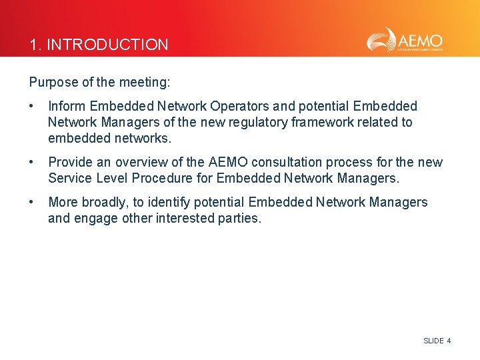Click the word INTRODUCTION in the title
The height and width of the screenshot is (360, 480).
(108, 45)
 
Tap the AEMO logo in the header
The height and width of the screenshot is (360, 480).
(405, 40)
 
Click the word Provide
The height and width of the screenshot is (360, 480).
(71, 162)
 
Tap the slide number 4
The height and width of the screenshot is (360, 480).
(449, 341)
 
